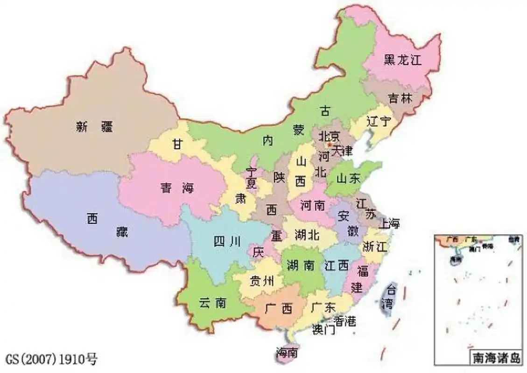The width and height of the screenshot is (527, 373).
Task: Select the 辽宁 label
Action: click(x=378, y=122)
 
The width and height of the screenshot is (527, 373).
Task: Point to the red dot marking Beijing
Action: click(x=330, y=145)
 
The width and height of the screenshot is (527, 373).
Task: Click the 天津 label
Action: click(x=343, y=151)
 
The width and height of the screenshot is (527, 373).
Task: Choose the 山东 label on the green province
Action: click(x=348, y=178)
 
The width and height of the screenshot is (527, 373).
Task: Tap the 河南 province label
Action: click(x=312, y=205)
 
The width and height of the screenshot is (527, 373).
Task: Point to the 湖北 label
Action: click(x=307, y=235)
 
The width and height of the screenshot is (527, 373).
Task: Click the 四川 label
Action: click(x=227, y=242)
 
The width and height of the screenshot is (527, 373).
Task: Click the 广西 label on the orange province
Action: click(x=278, y=308)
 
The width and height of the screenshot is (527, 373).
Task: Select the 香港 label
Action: click(x=345, y=321)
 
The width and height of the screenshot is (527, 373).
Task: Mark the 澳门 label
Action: click(x=323, y=330)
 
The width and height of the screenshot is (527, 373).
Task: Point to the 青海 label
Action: click(x=177, y=188)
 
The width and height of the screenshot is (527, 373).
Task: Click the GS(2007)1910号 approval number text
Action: click(x=52, y=359)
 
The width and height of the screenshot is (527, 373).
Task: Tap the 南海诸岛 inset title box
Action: click(x=496, y=358)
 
